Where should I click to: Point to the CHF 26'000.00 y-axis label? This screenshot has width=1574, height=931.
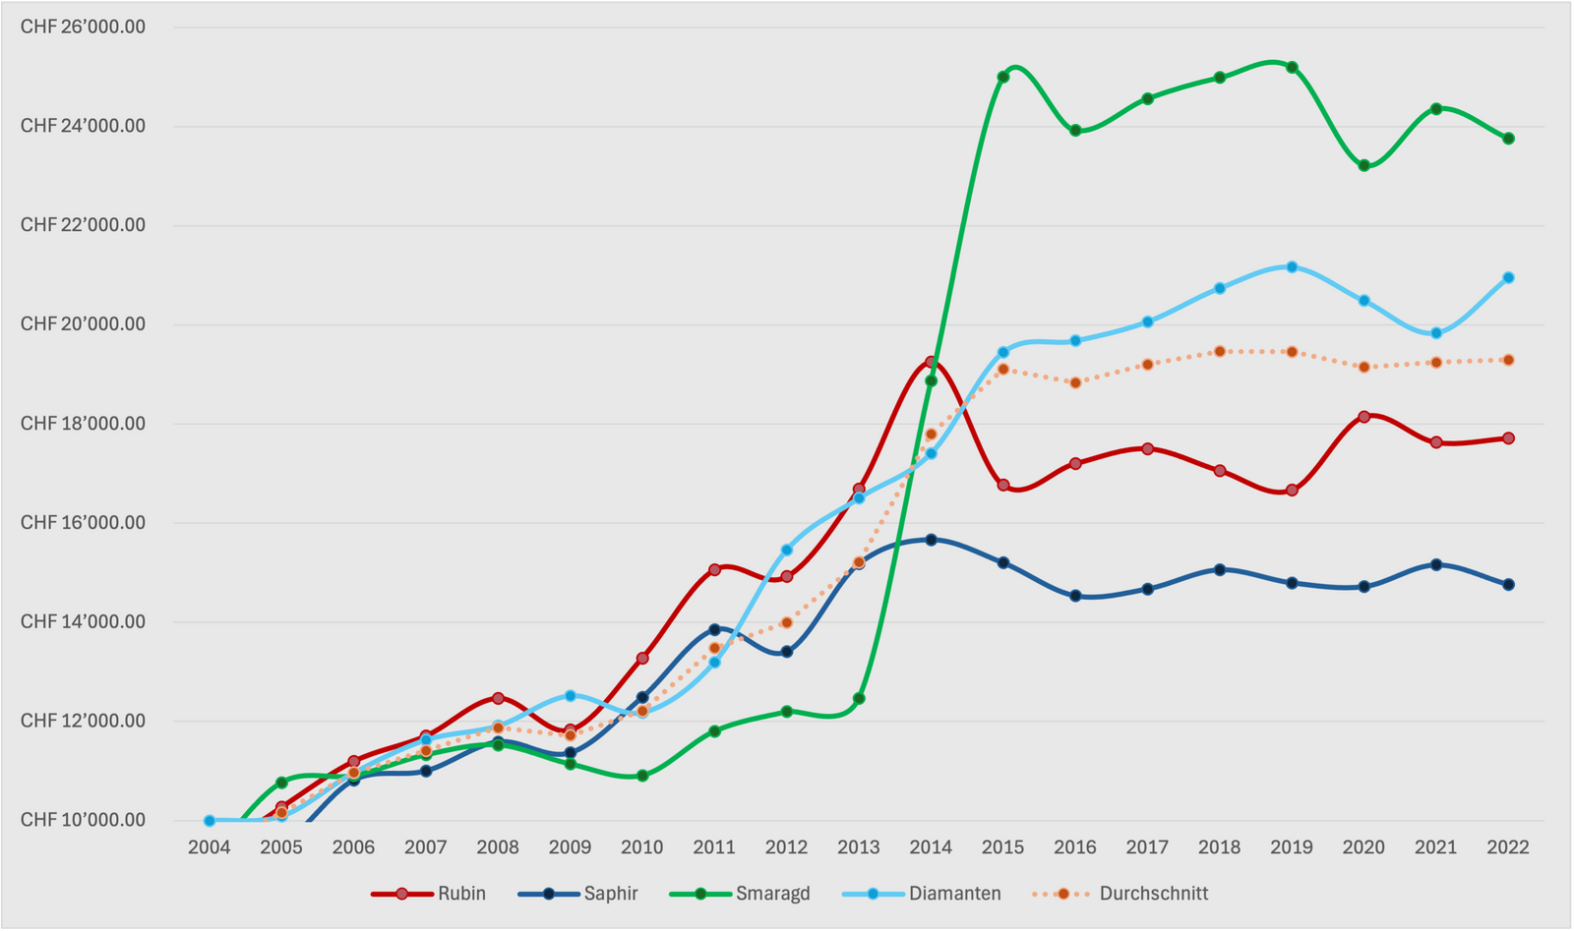[83, 27]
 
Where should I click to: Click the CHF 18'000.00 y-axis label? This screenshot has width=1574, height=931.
[83, 424]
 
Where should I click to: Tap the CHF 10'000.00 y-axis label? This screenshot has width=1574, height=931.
[83, 820]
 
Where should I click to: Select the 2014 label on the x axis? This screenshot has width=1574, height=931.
[931, 847]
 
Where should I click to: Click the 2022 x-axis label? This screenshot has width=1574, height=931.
[1508, 847]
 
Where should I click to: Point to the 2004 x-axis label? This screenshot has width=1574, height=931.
[210, 847]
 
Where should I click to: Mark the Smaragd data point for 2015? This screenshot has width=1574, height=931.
[1003, 77]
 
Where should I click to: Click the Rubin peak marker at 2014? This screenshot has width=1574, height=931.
[931, 363]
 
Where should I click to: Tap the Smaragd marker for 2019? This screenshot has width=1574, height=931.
[1292, 68]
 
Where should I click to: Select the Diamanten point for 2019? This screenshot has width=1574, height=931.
[1292, 267]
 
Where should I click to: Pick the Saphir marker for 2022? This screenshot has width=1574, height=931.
[1508, 585]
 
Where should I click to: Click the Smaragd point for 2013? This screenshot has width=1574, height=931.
[859, 699]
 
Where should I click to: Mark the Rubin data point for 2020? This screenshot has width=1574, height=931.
[1363, 417]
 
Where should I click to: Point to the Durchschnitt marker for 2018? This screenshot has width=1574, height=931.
[1220, 351]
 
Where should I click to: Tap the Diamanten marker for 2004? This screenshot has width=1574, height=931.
[210, 821]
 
